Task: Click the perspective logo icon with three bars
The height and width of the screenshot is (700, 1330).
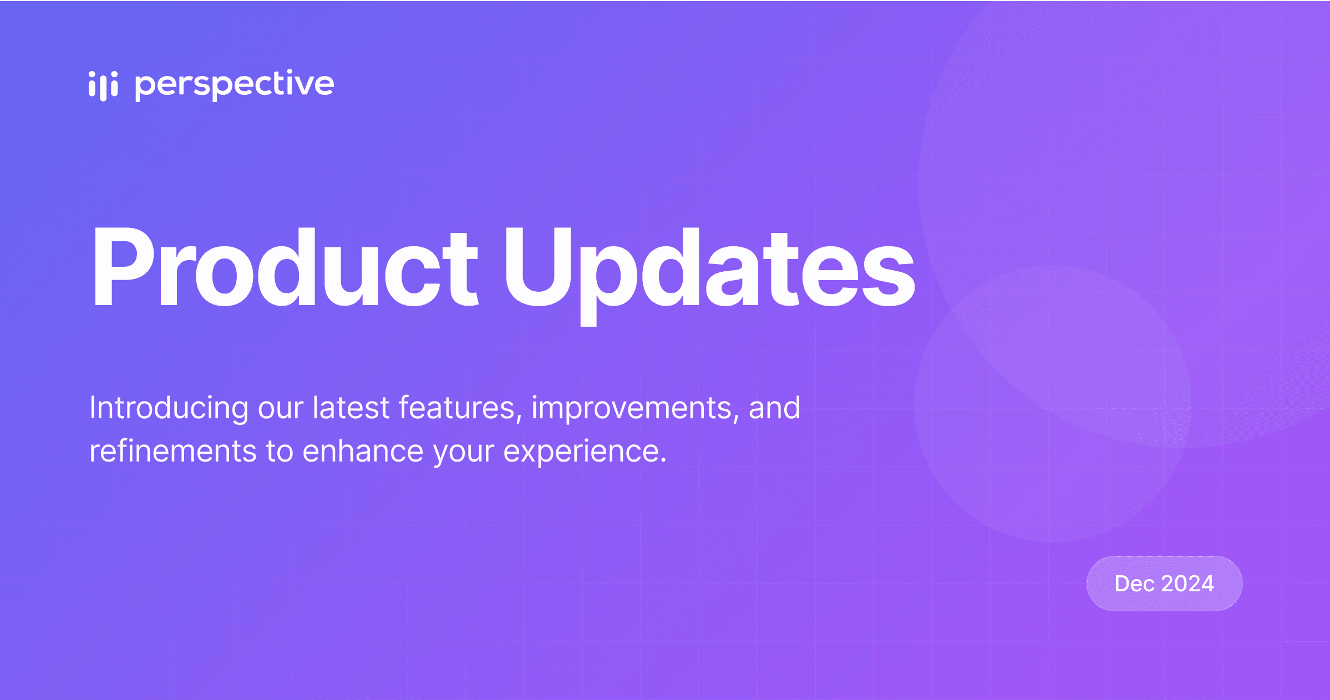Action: coord(103,85)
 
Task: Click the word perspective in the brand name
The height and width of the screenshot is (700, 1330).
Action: coord(234,85)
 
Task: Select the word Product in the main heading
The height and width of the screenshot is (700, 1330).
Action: coord(285,267)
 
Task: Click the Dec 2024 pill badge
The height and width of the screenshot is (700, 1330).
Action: coord(1164,584)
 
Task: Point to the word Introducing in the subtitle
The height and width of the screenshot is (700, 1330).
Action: coord(169,408)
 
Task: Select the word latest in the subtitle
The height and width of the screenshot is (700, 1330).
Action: coord(351,408)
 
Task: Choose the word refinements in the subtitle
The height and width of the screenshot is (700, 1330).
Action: coord(172,451)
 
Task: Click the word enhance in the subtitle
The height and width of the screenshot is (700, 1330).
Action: coord(363,451)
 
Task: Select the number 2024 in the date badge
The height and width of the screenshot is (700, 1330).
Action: coord(1187,584)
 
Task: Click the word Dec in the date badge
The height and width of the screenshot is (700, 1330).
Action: coord(1135,584)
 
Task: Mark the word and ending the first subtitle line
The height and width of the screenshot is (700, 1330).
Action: coord(774,408)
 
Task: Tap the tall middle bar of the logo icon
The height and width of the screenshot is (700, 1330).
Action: coord(103,87)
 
